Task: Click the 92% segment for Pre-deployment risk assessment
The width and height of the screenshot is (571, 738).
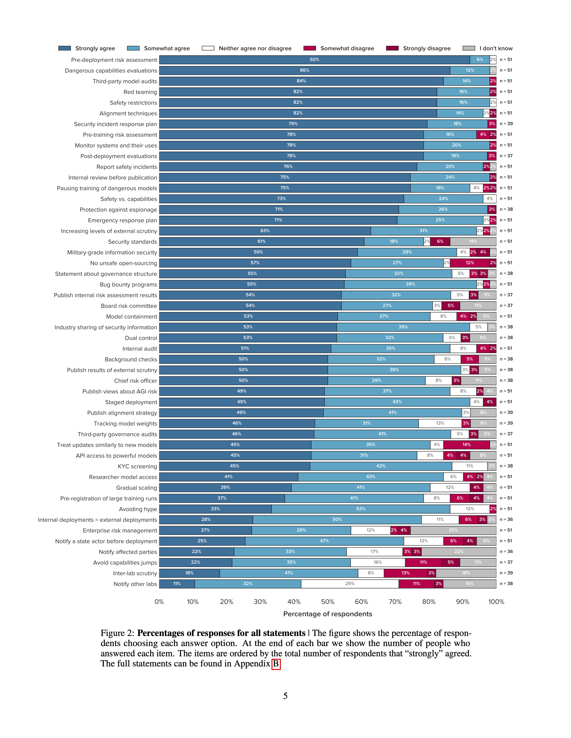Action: click(314, 60)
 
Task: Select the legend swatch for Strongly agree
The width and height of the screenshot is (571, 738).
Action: click(65, 48)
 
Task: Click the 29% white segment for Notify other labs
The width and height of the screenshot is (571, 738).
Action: click(350, 584)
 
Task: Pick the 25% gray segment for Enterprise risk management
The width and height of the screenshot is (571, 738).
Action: click(453, 530)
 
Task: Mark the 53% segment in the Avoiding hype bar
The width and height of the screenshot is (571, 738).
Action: click(361, 509)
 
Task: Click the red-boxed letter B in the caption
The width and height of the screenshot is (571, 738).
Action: click(276, 664)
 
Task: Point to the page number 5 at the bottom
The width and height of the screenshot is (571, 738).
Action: click(285, 696)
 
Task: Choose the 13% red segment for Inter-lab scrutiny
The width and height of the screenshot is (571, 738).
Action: click(405, 573)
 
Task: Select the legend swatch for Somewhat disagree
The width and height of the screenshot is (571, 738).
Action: click(309, 48)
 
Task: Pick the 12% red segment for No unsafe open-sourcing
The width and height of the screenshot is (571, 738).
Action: click(469, 263)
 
